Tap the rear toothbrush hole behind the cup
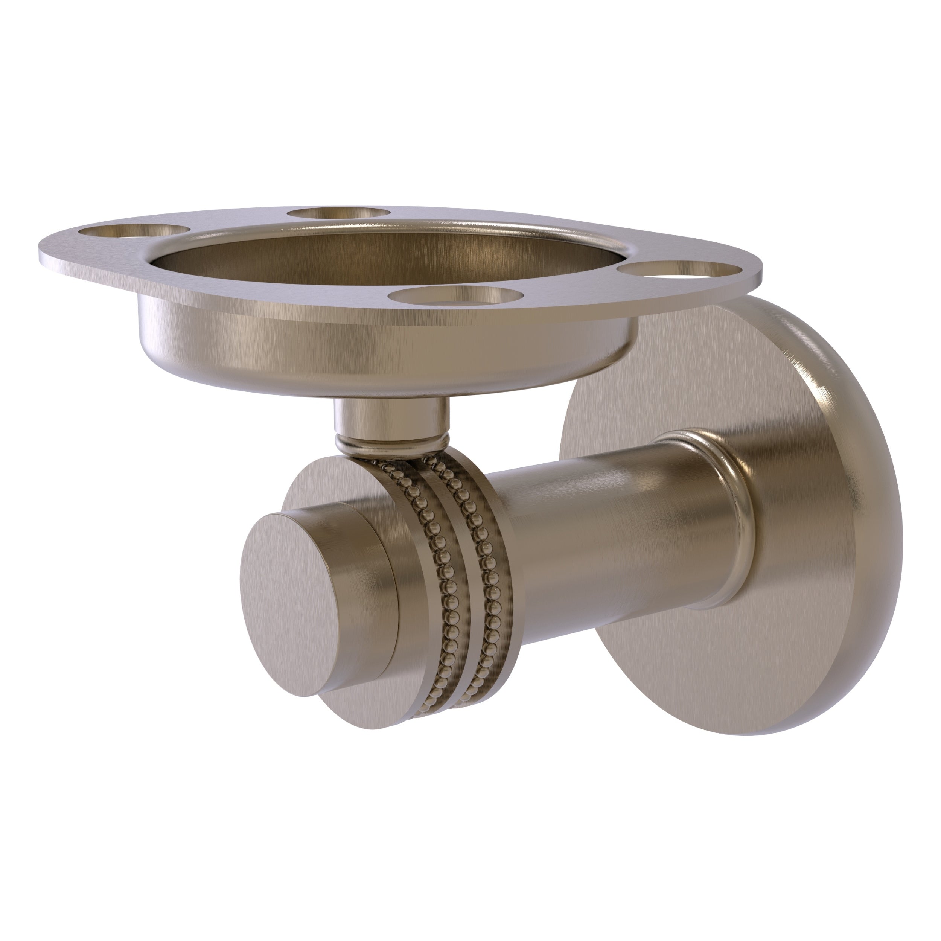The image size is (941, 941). pyautogui.click(x=338, y=213)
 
